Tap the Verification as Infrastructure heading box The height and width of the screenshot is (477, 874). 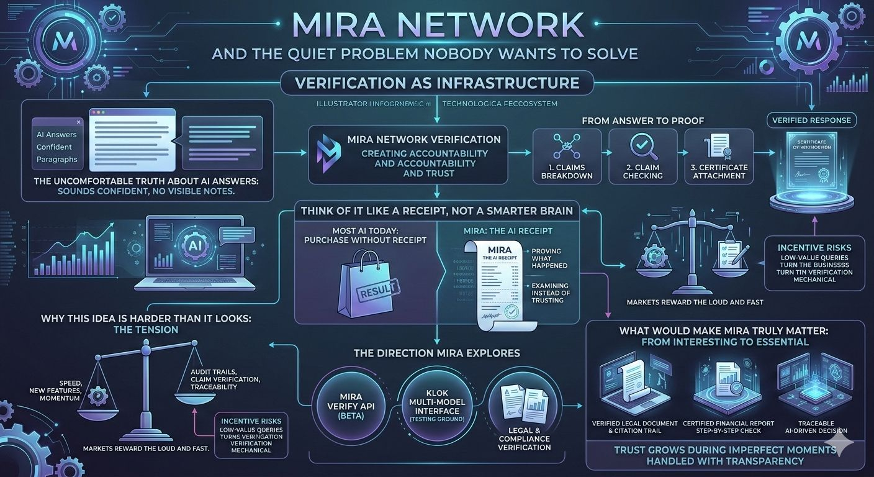tap(438, 83)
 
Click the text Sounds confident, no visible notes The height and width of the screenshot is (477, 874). tap(146, 192)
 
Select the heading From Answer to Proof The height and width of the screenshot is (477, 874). tap(642, 120)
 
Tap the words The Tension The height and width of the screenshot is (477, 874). tap(146, 329)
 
